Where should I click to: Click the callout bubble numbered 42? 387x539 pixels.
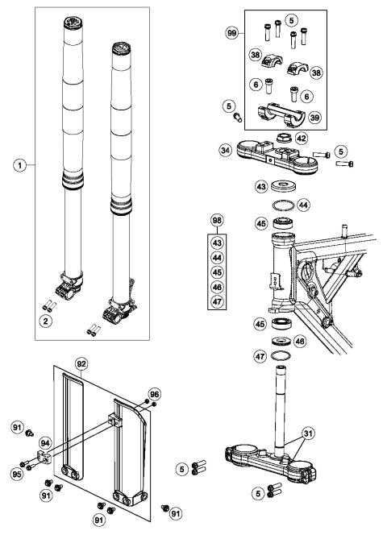click(322, 139)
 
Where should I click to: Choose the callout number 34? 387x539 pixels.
click(227, 149)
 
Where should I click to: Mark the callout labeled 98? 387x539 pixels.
click(215, 220)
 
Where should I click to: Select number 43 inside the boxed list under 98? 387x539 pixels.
click(215, 242)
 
